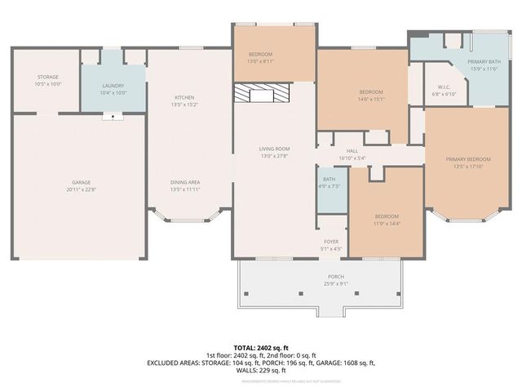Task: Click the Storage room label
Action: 48,81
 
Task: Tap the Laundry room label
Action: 113,89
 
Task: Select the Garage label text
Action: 81,185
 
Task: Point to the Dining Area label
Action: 185,185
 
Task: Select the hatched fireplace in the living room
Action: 262,94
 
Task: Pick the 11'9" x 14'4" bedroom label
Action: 387,220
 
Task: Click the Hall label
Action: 352,154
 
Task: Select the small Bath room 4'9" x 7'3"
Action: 330,183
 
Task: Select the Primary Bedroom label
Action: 468,163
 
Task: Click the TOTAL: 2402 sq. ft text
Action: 260,348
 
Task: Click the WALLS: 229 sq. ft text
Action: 260,370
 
